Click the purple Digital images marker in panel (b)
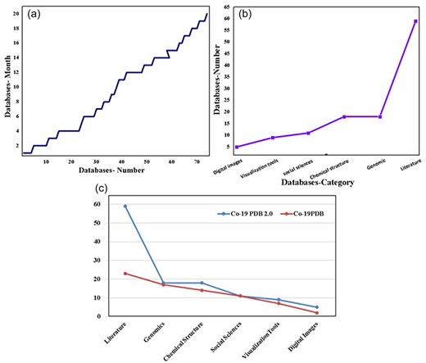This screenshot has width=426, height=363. pyautogui.click(x=237, y=147)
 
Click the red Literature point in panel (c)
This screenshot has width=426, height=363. pyautogui.click(x=125, y=273)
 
